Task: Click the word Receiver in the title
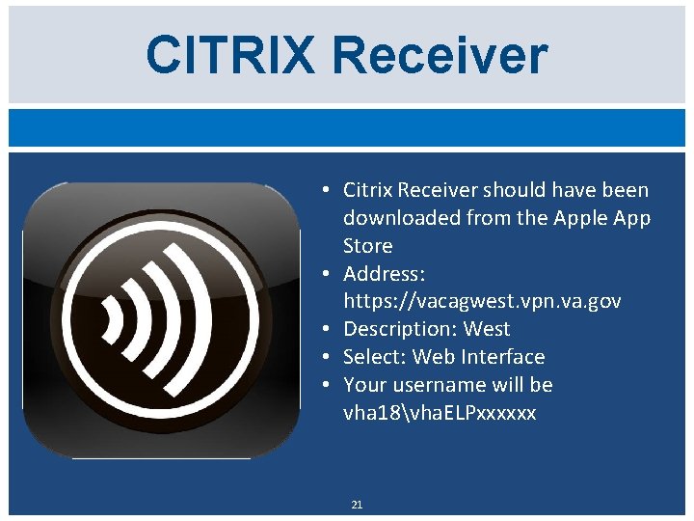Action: [x=443, y=55]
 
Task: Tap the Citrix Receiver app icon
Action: [x=162, y=319]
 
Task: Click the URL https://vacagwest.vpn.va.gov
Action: [x=482, y=301]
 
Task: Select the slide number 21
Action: [x=357, y=505]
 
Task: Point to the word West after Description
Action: [x=487, y=329]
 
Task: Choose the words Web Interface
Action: [x=478, y=357]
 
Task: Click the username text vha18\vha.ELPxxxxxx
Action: [x=440, y=413]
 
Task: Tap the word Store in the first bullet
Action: [x=367, y=245]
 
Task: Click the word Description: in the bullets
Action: [x=400, y=329]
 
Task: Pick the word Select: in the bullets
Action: [x=375, y=357]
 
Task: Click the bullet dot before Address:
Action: [x=329, y=273]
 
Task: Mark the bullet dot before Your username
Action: [x=329, y=385]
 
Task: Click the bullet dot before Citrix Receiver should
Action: [x=329, y=190]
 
